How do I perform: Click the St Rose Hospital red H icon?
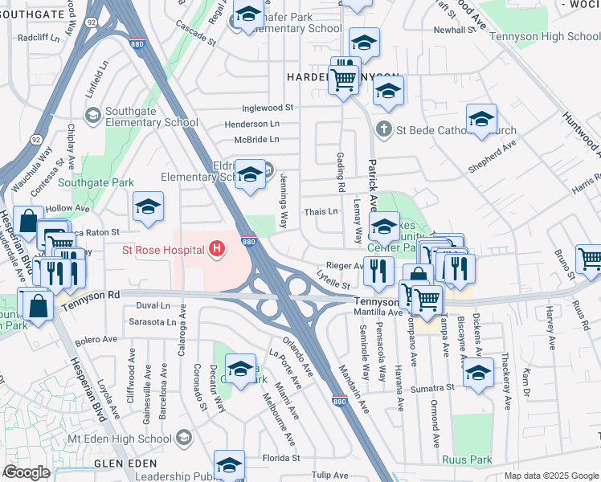tap(215, 250)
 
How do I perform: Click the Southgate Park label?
tap(100, 183)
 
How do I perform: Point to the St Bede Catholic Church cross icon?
tap(384, 129)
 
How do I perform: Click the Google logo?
tap(27, 472)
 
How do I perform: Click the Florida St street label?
tap(283, 458)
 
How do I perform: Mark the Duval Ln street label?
tap(153, 305)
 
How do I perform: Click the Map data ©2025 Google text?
tap(551, 476)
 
